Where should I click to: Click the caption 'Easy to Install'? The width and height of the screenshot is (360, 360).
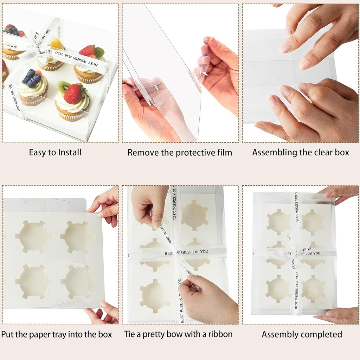click(55, 152)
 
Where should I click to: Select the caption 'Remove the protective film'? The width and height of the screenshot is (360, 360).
click(180, 153)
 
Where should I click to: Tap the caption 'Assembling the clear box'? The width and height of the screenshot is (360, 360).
click(301, 152)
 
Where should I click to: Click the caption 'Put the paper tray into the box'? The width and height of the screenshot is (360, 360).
click(57, 334)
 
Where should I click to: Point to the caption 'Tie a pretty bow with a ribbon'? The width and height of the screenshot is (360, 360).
click(178, 334)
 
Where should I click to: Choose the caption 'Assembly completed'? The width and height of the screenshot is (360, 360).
click(302, 334)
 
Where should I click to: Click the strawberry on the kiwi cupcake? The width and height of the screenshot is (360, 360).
click(73, 94)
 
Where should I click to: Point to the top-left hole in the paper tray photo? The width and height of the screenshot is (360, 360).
click(33, 236)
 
